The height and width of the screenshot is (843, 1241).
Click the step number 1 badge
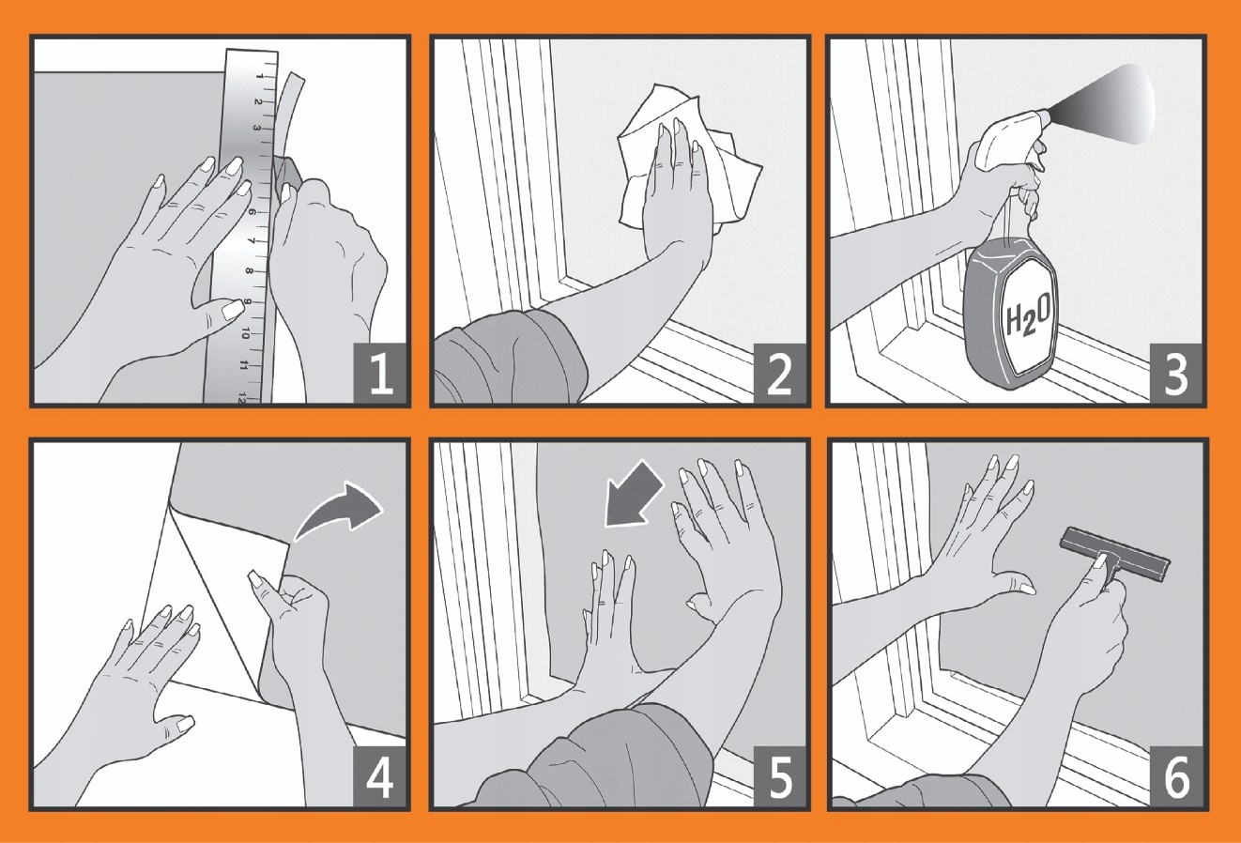point(380,374)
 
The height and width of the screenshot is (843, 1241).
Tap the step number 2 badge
point(780,374)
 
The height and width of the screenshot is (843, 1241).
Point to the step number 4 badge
point(380,776)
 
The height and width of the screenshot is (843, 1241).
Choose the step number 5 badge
point(780,776)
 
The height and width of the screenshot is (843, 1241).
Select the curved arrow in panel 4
point(339,510)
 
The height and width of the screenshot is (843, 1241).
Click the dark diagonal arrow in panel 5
point(634,492)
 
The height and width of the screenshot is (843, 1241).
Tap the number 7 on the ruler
point(253,241)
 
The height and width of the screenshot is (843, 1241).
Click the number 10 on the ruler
point(245,333)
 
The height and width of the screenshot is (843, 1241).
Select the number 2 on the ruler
point(258,101)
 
